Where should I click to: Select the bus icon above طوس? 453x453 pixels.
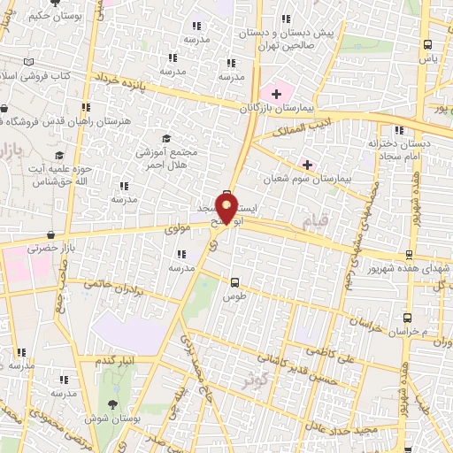(x=234, y=283)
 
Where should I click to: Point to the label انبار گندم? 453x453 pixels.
(x=118, y=362)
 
